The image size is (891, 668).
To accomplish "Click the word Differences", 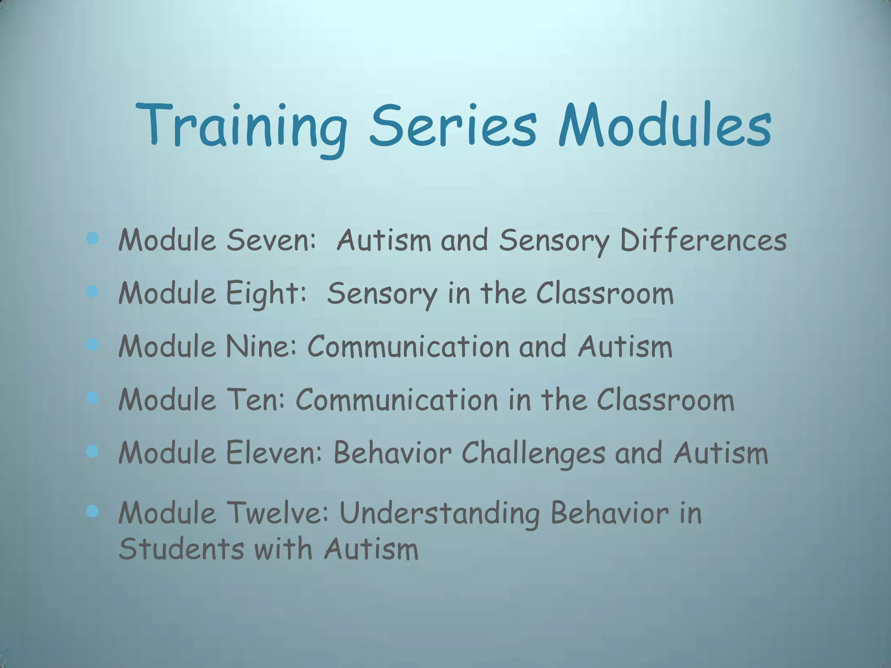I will [703, 240].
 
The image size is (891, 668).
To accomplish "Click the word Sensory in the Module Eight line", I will [382, 294].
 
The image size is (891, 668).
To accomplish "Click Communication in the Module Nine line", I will [408, 347].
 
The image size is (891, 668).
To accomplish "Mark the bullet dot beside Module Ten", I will [92, 397].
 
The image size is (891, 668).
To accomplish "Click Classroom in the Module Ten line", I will [665, 400].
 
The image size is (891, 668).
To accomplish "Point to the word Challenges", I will [533, 454].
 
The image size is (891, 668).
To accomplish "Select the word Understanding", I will [439, 514].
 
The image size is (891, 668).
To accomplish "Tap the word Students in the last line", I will [181, 549].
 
